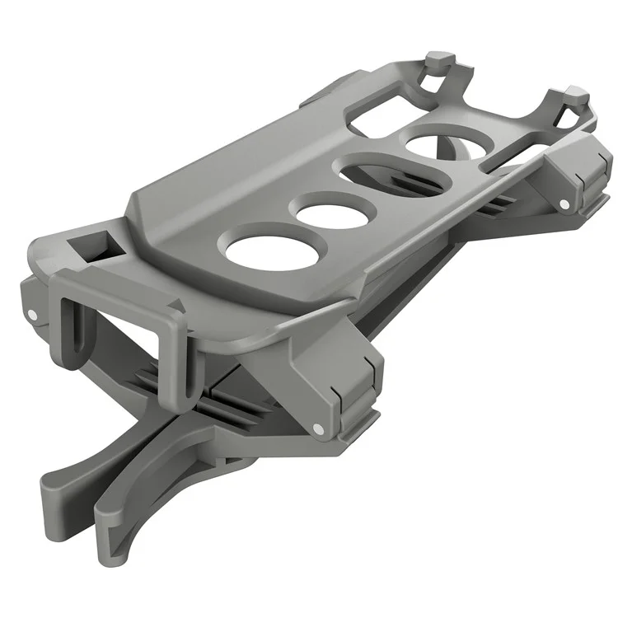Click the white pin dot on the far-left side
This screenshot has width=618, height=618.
point(30,314)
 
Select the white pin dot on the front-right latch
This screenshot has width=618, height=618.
point(316,428)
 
